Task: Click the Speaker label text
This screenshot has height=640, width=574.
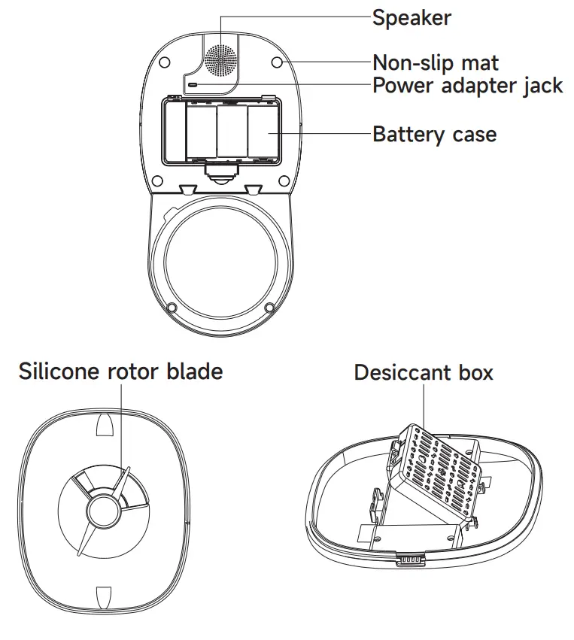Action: click(412, 17)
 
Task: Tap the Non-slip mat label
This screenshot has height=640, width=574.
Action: click(436, 62)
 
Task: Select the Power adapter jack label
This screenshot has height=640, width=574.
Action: click(467, 86)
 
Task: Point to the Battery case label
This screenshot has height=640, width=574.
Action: click(435, 135)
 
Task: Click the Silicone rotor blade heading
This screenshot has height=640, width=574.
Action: click(121, 371)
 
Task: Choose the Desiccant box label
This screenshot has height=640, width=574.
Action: click(424, 372)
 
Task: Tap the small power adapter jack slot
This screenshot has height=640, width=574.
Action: click(193, 85)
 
